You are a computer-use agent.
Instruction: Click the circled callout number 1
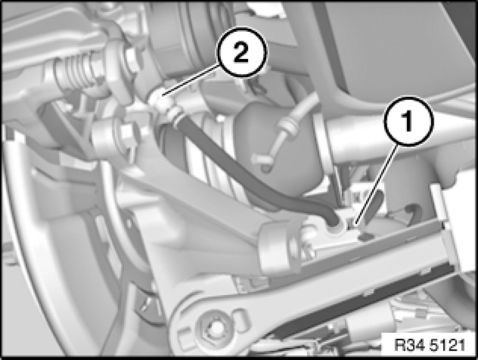(408, 121)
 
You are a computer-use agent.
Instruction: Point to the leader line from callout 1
(376, 186)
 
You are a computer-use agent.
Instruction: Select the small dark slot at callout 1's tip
(367, 235)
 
